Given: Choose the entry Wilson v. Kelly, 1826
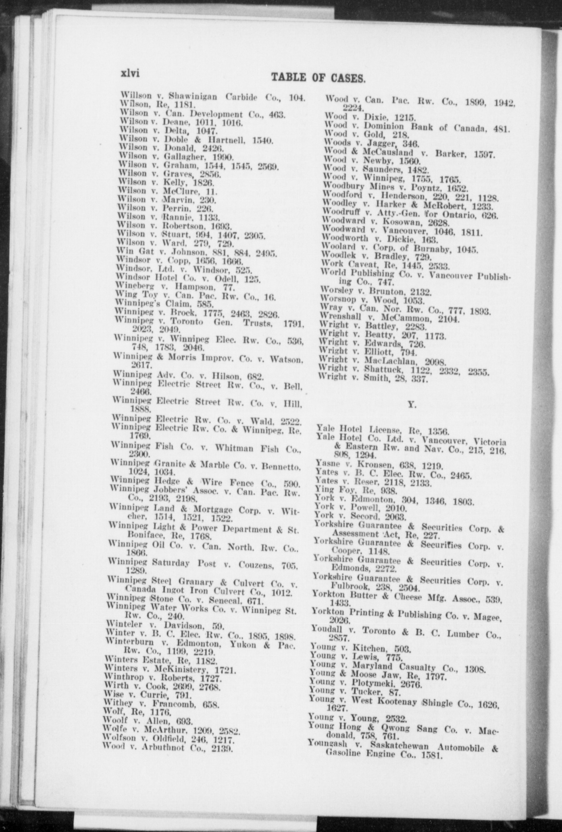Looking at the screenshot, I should point(167,182).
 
